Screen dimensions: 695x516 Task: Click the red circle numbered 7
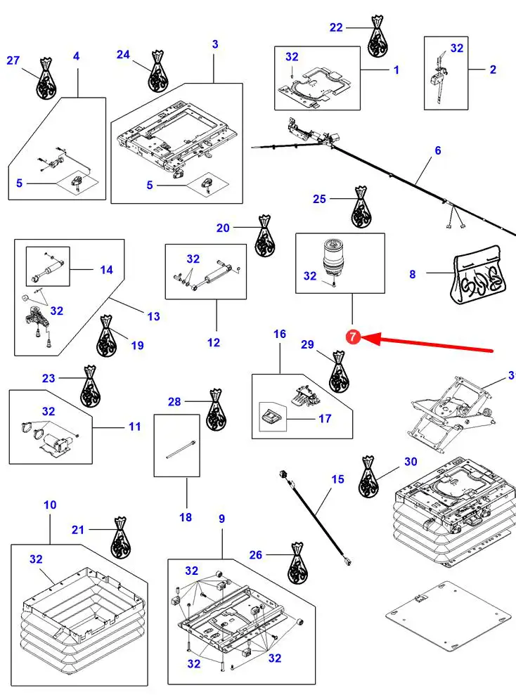click(x=353, y=337)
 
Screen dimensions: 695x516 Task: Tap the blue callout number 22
click(x=336, y=27)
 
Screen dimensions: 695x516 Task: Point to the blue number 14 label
click(x=106, y=269)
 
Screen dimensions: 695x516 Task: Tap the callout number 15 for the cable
click(x=338, y=479)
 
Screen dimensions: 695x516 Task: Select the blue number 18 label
click(x=186, y=517)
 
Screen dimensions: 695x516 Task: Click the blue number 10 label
click(x=50, y=505)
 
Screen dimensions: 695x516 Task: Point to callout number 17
click(x=325, y=420)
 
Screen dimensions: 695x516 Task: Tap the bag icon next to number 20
click(x=264, y=237)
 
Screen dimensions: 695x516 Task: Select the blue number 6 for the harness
click(x=438, y=150)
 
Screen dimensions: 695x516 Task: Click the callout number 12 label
click(x=214, y=342)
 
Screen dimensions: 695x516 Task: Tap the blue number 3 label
click(x=215, y=44)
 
